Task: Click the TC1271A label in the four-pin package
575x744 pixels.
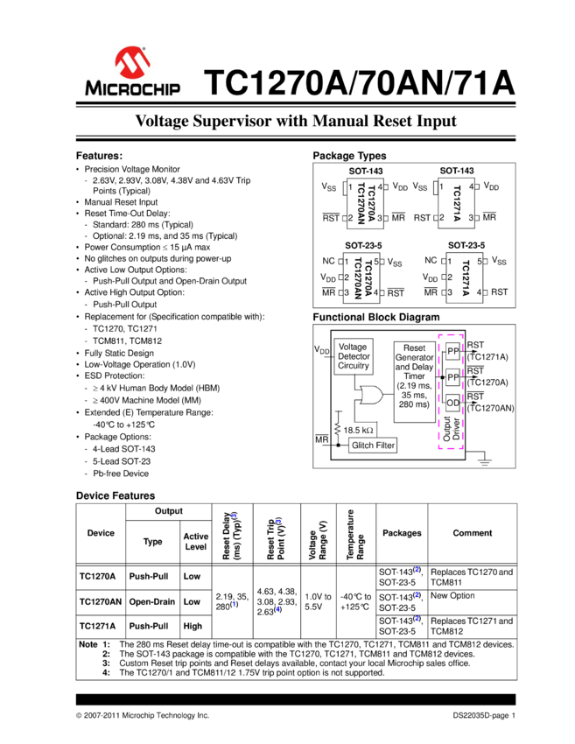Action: tap(456, 203)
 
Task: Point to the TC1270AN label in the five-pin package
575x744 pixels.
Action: tap(357, 279)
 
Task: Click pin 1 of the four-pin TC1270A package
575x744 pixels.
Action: tap(350, 187)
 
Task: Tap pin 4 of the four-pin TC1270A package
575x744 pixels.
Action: tap(380, 187)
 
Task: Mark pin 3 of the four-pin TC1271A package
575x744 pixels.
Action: tap(471, 217)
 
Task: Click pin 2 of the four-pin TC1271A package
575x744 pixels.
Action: tap(442, 217)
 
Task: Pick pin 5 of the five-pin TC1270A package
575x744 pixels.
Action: tap(376, 262)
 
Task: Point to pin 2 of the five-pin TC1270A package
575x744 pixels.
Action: tap(347, 277)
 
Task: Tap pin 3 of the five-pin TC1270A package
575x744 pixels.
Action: tap(347, 292)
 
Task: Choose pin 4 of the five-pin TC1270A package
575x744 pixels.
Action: tap(376, 292)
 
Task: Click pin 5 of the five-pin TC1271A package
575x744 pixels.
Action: tap(480, 262)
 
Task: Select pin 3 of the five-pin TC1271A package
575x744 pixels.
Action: tap(449, 292)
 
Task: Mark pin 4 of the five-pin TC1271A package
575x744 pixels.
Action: tap(480, 292)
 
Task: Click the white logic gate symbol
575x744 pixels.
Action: tap(371, 396)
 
